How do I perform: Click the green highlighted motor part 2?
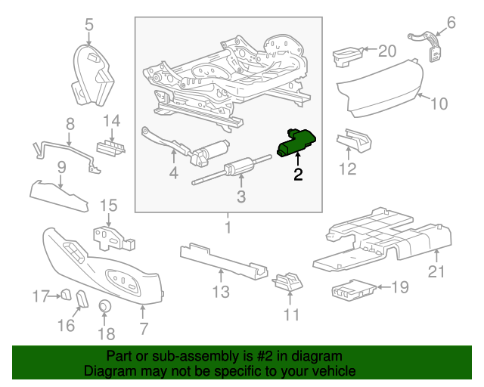point(297,143)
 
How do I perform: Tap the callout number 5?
point(88,25)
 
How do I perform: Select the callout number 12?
point(346,169)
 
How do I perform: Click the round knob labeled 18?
point(106,306)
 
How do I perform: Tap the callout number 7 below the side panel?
point(144,329)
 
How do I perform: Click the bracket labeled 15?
point(110,236)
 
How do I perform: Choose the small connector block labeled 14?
point(110,147)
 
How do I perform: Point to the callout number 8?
point(70,122)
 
